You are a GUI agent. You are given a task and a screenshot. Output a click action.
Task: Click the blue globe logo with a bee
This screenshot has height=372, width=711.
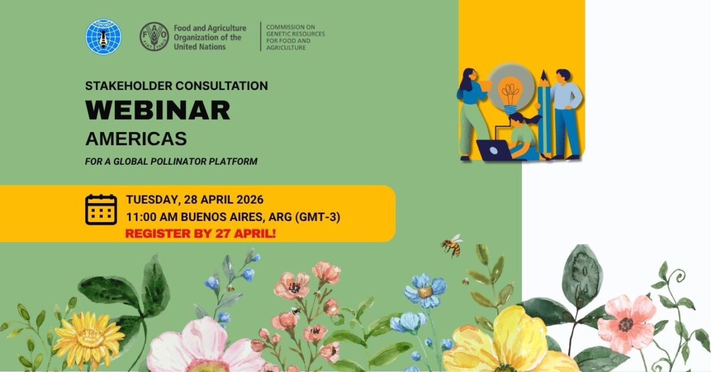pos(103,36)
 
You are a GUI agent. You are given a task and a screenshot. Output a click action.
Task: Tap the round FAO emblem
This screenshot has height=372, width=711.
pos(154,37)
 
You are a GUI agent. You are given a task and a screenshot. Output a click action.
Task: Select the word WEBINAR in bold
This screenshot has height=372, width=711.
pos(158,110)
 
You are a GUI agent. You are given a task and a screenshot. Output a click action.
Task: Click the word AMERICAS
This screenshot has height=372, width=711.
pos(136,139)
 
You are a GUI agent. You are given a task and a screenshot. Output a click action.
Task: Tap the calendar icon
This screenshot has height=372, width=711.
pos(101,210)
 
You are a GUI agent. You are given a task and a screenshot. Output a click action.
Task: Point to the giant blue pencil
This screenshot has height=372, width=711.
pos(544,114)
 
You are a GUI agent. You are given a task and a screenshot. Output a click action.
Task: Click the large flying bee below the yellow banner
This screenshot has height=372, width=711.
pos(452,245)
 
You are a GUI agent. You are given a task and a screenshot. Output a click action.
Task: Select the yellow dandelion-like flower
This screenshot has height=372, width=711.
pos(88,337)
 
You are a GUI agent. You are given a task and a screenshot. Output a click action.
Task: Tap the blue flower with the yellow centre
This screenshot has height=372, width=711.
pos(425,290)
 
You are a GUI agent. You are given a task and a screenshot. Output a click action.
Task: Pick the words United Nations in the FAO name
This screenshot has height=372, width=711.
pos(200,47)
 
